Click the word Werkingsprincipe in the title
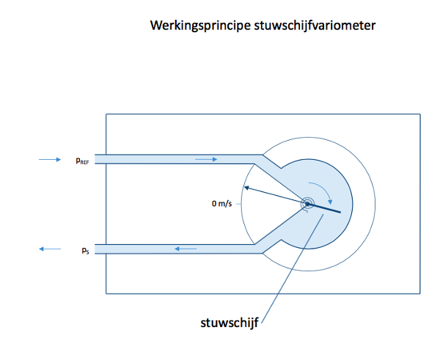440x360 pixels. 200,26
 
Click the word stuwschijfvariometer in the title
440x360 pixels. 315,25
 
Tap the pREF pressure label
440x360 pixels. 82,161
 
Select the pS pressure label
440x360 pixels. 85,250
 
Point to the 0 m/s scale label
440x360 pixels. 221,203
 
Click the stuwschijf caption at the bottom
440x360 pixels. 230,323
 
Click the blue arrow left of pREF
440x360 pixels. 50,160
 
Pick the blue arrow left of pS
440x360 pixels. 50,249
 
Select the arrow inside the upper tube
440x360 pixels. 206,159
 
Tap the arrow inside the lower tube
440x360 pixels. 186,249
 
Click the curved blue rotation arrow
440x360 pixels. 323,189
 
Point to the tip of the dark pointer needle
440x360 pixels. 244,187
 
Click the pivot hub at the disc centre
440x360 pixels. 307,204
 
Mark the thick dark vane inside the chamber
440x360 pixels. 324,208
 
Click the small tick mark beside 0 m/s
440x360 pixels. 238,204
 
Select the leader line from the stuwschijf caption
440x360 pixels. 292,268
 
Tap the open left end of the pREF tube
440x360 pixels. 95,159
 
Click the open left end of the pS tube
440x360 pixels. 95,249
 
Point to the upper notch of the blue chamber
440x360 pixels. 281,168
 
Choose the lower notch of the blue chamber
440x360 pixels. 281,240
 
